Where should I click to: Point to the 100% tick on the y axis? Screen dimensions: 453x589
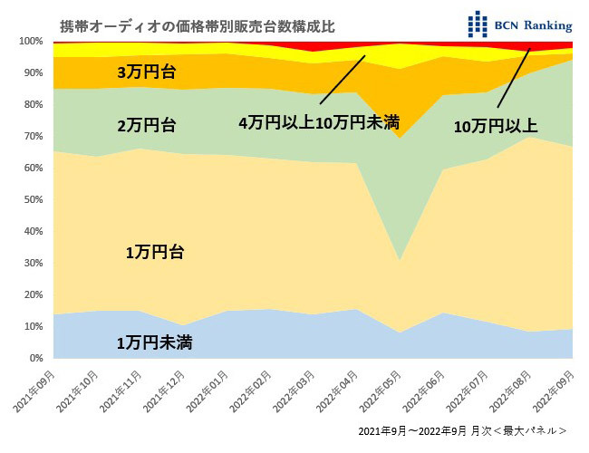30,42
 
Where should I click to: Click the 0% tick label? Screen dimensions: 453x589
34,358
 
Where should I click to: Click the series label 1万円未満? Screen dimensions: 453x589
154,342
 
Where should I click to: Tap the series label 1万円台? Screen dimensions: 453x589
154,253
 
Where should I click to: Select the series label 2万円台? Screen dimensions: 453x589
147,126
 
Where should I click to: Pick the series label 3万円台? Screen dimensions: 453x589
147,72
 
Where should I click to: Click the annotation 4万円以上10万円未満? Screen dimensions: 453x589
318,122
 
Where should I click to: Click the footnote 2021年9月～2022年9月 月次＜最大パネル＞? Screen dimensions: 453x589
462,430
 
